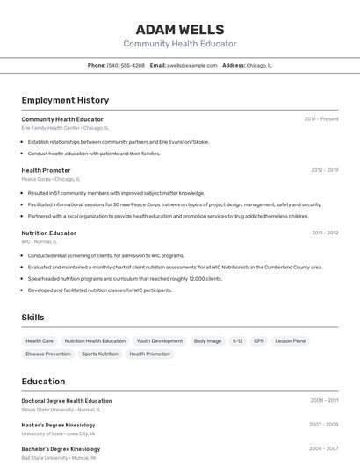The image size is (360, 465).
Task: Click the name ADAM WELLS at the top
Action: pyautogui.click(x=179, y=30)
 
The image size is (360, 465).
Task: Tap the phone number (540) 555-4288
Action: pyautogui.click(x=126, y=65)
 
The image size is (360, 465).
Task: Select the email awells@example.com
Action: pyautogui.click(x=191, y=65)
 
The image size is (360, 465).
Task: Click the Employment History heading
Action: pyautogui.click(x=65, y=100)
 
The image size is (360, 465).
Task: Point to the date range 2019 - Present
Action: pyautogui.click(x=321, y=119)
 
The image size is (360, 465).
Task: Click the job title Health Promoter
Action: pyautogui.click(x=46, y=170)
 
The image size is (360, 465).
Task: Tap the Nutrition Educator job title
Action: pyautogui.click(x=49, y=233)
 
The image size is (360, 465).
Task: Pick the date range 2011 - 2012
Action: pyautogui.click(x=325, y=233)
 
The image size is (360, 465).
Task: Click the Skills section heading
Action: pyautogui.click(x=32, y=318)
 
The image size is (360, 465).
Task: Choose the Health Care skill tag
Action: pyautogui.click(x=40, y=340)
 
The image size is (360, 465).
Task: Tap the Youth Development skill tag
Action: pyautogui.click(x=160, y=340)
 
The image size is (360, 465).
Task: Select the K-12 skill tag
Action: pyautogui.click(x=237, y=340)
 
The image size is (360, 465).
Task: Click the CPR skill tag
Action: pyautogui.click(x=258, y=340)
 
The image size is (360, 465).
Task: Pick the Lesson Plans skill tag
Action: pyautogui.click(x=290, y=340)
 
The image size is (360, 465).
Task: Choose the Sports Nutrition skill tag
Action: pyautogui.click(x=100, y=354)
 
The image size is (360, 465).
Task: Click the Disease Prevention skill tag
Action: pyautogui.click(x=48, y=354)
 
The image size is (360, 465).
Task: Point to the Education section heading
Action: pyautogui.click(x=43, y=382)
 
